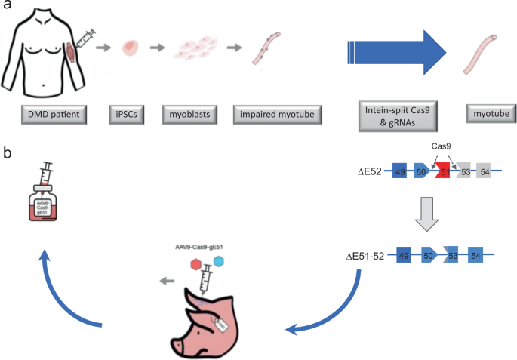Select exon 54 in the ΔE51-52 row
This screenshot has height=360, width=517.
click(476, 257)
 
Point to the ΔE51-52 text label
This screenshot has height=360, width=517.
click(366, 257)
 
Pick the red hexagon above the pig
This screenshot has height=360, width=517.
click(197, 266)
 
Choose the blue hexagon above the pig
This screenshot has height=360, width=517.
click(220, 261)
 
